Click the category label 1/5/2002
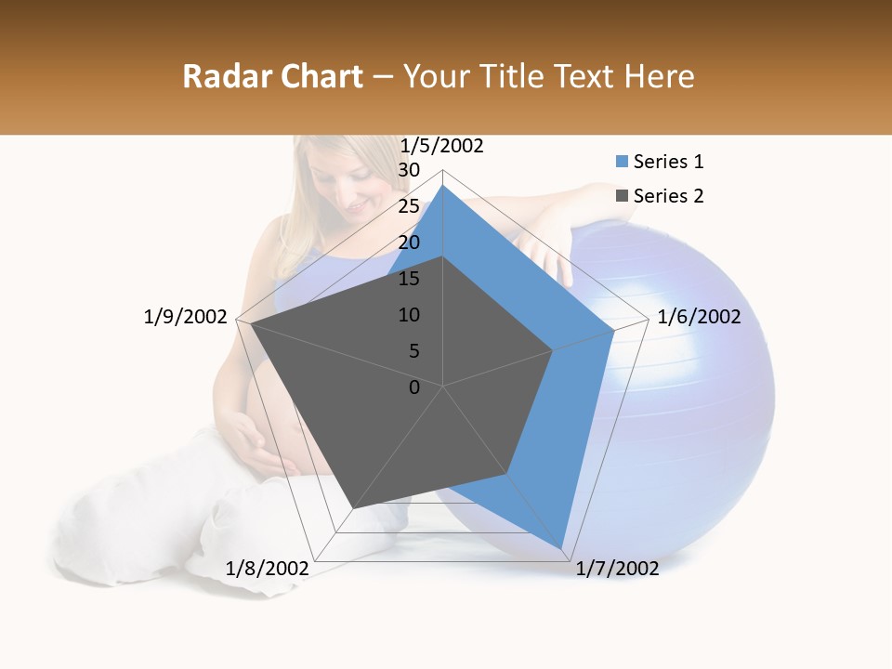[442, 146]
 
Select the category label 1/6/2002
[699, 317]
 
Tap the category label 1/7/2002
[617, 569]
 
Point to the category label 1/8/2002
[268, 568]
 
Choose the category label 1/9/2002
[185, 317]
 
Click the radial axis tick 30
[409, 170]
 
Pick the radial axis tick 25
[409, 206]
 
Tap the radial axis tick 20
[409, 243]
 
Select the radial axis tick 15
[409, 279]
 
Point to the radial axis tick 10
[409, 315]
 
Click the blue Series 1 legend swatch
[623, 162]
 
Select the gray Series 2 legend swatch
[623, 196]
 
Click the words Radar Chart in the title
[272, 76]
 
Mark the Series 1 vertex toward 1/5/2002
[443, 186]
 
